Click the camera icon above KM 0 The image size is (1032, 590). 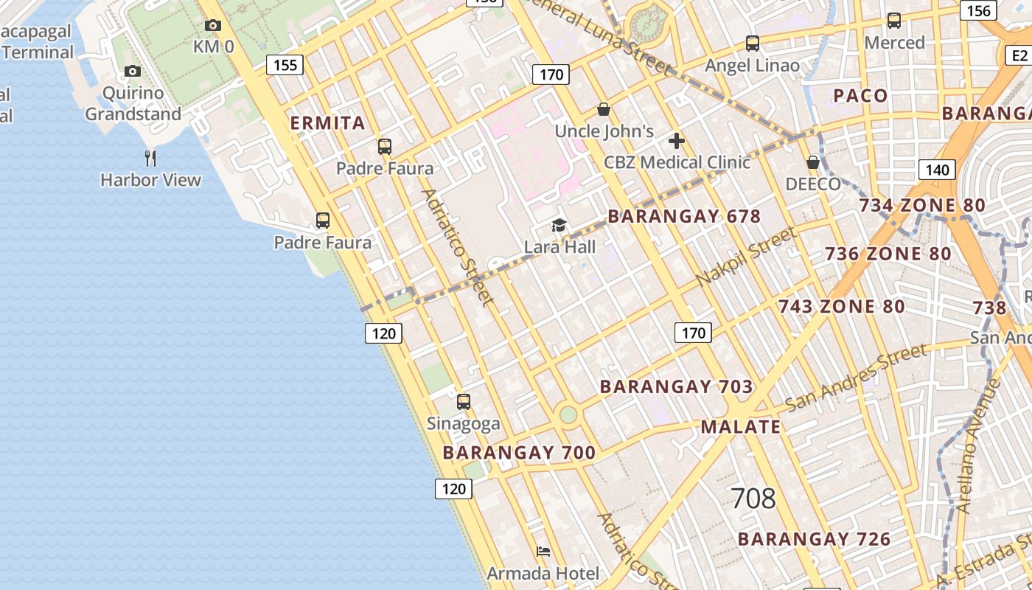(x=212, y=26)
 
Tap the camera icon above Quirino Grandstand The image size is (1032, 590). (x=133, y=72)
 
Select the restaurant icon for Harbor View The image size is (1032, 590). (x=150, y=158)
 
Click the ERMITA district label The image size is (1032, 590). (x=328, y=122)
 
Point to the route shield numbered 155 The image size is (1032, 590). (x=285, y=65)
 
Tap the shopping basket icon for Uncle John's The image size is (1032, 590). (x=604, y=110)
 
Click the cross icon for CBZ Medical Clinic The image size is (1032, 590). (x=676, y=141)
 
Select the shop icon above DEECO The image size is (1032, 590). (x=813, y=162)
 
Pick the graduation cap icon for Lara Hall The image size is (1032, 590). (x=559, y=225)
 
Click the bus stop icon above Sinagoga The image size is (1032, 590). (x=463, y=402)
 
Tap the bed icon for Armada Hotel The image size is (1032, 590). (x=543, y=552)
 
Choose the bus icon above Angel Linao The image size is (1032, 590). (x=752, y=44)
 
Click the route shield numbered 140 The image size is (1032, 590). (x=937, y=170)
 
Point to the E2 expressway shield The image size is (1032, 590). (x=1019, y=55)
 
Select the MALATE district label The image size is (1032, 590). (x=740, y=426)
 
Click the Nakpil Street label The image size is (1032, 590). (x=746, y=257)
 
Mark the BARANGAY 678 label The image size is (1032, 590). (x=683, y=216)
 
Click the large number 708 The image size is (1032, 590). (x=753, y=499)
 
